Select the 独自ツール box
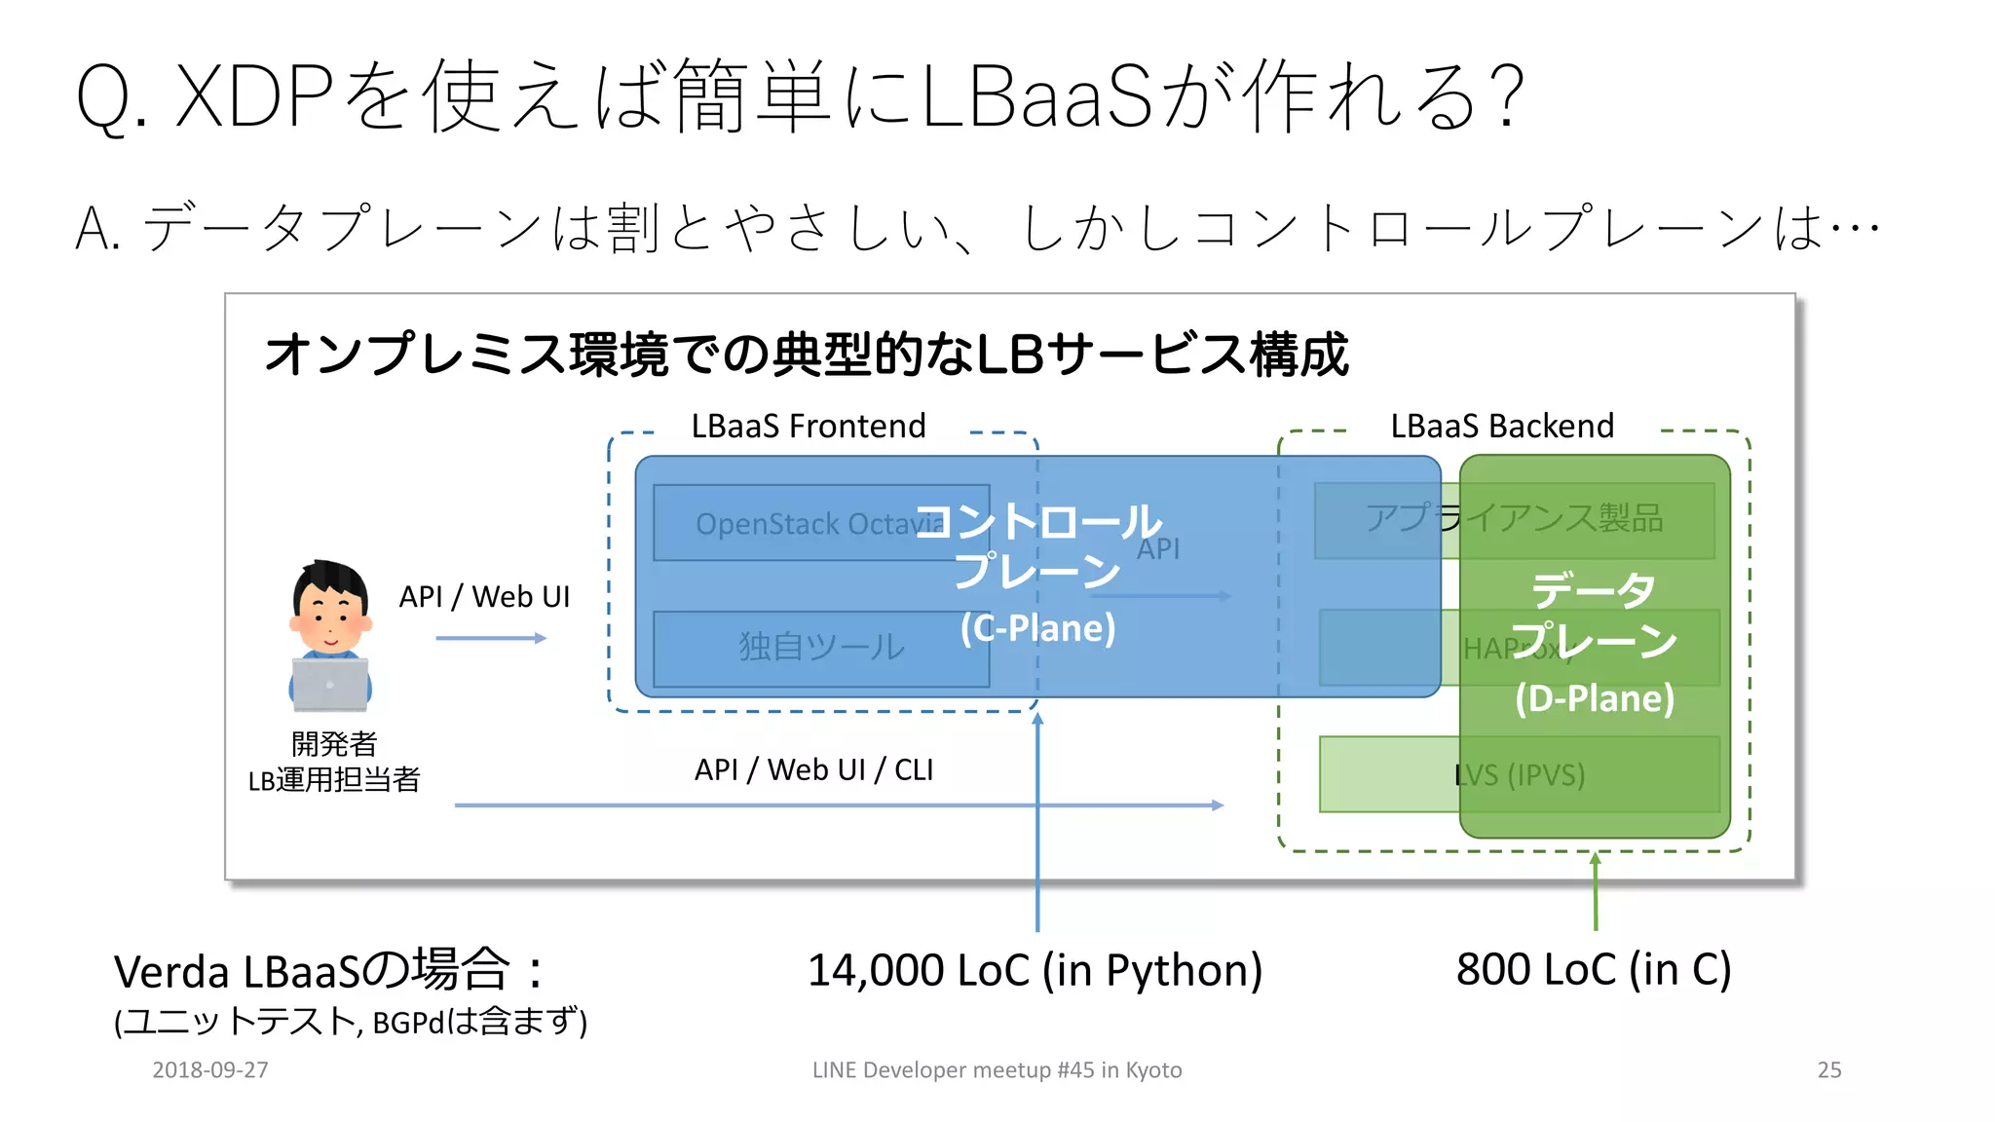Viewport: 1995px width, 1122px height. coord(820,648)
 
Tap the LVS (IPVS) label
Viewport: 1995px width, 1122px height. coord(1519,775)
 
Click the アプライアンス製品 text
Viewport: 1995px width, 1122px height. coord(1514,518)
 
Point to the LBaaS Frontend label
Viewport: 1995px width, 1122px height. coord(809,427)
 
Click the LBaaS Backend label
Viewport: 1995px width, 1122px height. coord(1502,427)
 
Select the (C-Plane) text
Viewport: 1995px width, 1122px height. coord(1037,628)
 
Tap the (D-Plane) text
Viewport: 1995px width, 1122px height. coord(1595,698)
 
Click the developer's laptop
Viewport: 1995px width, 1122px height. coord(330,684)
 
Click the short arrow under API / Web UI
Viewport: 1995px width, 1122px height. coord(491,638)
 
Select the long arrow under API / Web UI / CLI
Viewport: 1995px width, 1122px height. coord(838,805)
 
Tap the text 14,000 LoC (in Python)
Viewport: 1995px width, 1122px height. coord(1035,970)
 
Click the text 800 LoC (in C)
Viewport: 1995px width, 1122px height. coord(1594,970)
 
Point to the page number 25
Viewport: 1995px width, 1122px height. coord(1828,1069)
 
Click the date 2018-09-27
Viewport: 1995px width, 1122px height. coord(210,1069)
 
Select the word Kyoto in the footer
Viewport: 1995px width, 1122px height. coord(1153,1069)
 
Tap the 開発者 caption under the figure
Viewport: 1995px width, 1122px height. coord(334,744)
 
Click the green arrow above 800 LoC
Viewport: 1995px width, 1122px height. coord(1595,891)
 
